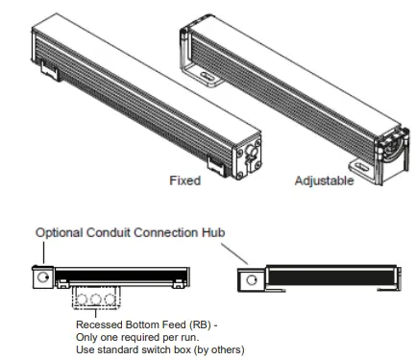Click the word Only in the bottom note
pos(87,333)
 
